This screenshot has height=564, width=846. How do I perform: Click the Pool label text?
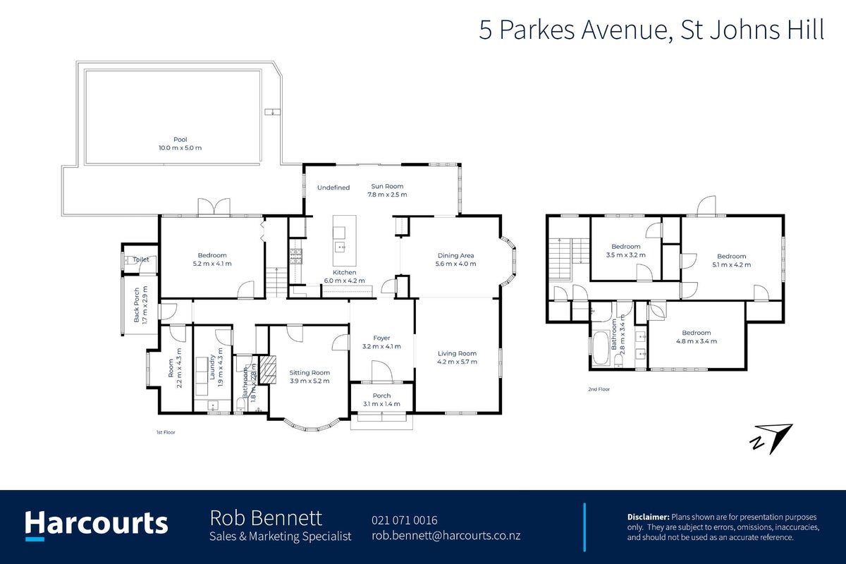click(x=180, y=140)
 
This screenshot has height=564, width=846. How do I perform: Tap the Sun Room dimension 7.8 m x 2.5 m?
click(x=387, y=195)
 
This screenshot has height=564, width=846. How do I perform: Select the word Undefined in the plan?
click(x=333, y=188)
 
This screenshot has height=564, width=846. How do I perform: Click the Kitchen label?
click(x=345, y=272)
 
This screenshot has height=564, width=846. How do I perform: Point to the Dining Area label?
click(x=455, y=255)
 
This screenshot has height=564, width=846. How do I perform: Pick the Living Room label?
click(x=457, y=354)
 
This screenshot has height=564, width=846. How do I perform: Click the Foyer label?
click(x=381, y=338)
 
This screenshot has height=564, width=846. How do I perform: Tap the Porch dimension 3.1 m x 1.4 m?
click(x=381, y=404)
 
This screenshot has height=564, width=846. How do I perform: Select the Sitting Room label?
click(x=309, y=372)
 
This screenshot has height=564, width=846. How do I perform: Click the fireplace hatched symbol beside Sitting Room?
click(x=269, y=369)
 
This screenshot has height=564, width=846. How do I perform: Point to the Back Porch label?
click(x=137, y=305)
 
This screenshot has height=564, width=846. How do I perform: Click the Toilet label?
click(x=140, y=259)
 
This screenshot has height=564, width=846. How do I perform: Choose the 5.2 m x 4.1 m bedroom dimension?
click(x=212, y=264)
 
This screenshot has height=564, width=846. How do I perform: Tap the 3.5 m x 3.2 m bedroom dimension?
click(x=626, y=255)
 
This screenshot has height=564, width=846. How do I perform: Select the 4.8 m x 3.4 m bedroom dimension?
click(x=697, y=341)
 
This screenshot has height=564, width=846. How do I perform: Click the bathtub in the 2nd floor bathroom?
click(x=601, y=348)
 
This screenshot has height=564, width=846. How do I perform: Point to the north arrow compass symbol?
click(x=771, y=439)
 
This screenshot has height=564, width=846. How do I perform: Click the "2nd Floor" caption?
click(x=599, y=389)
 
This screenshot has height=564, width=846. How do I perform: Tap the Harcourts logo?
click(x=97, y=525)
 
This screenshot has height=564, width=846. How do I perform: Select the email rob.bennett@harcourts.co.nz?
click(x=446, y=536)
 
